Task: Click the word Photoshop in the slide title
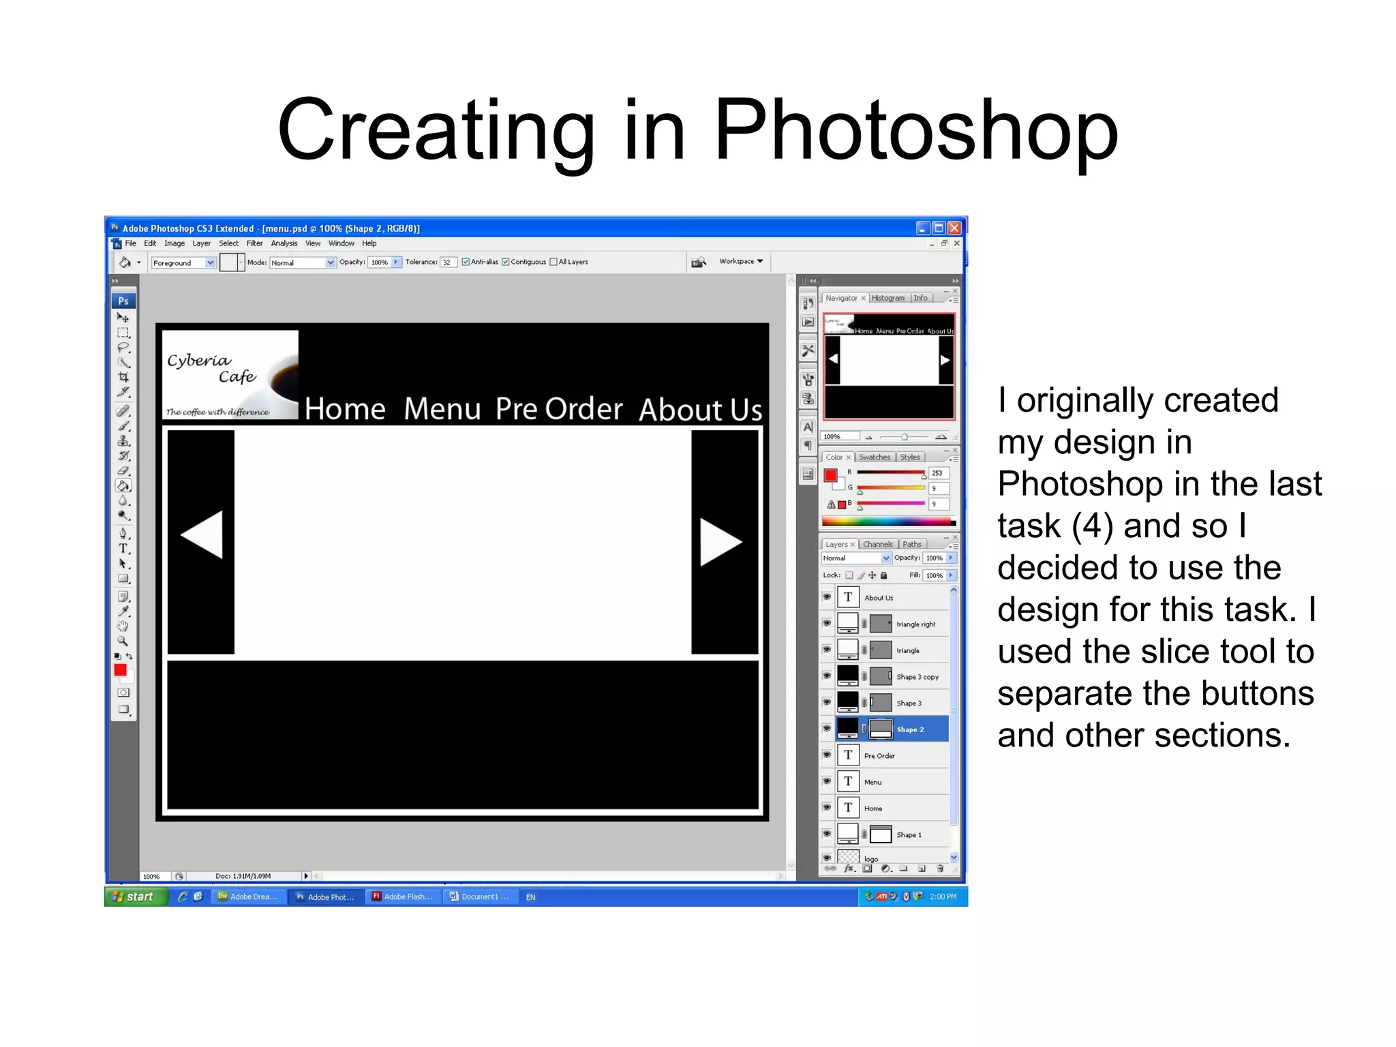click(x=915, y=131)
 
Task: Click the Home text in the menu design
click(x=345, y=409)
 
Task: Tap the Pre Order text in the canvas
click(x=559, y=409)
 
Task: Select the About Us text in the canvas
click(x=700, y=410)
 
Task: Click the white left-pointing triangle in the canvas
click(x=202, y=535)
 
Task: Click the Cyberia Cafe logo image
click(x=230, y=375)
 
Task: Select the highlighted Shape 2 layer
click(x=910, y=729)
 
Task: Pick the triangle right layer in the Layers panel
click(x=915, y=624)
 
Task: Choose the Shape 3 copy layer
click(x=917, y=677)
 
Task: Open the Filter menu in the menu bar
click(x=254, y=243)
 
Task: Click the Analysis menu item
click(x=284, y=243)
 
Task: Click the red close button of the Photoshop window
click(x=954, y=228)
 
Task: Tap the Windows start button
click(x=135, y=896)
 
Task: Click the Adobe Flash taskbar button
click(x=402, y=896)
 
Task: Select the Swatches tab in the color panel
click(x=874, y=457)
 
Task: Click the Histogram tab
click(x=887, y=298)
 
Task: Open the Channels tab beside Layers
click(x=877, y=544)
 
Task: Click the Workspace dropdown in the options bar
click(x=741, y=261)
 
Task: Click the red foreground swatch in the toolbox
click(x=120, y=670)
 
